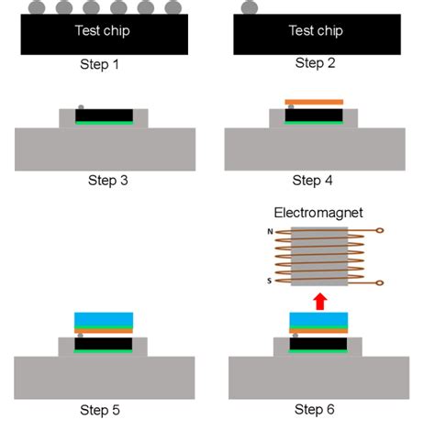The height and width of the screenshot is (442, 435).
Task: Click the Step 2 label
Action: [316, 63]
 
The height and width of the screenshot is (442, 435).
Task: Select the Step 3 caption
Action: [107, 180]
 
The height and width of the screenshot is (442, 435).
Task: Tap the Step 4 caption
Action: [313, 180]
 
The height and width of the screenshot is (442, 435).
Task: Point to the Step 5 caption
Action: [103, 410]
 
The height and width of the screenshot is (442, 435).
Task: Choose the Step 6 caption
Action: [316, 409]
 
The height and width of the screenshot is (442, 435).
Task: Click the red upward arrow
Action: [319, 300]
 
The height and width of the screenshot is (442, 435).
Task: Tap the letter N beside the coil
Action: [269, 232]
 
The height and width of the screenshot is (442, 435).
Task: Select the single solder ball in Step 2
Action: [250, 8]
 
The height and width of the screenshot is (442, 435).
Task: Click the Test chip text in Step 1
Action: [103, 31]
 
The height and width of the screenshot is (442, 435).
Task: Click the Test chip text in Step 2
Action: [316, 30]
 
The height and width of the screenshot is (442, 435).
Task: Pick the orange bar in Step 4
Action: [314, 102]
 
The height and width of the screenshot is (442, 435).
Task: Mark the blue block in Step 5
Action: [104, 319]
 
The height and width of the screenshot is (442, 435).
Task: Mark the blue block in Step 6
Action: [318, 320]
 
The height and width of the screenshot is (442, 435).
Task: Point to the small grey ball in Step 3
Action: [81, 107]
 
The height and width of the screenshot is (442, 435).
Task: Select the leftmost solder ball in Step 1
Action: [36, 8]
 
